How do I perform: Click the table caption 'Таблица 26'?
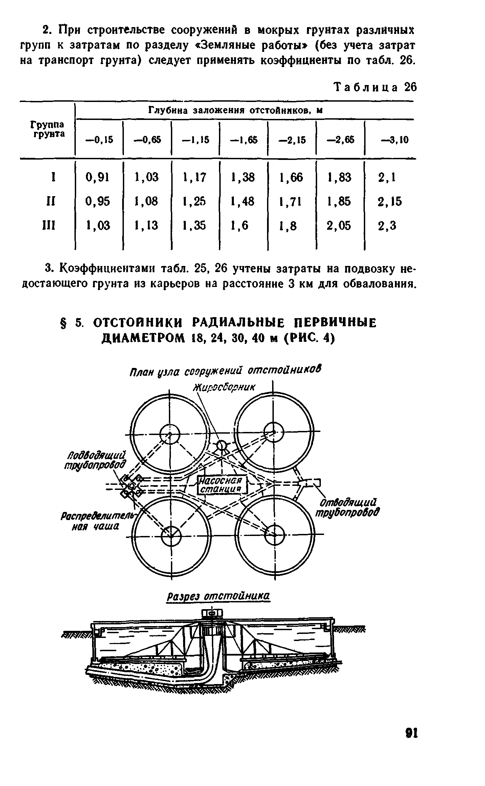click(x=375, y=88)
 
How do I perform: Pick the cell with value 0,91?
click(x=97, y=177)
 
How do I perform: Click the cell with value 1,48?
click(x=242, y=202)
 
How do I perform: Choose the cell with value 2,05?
click(x=339, y=226)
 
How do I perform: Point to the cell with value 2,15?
click(x=390, y=202)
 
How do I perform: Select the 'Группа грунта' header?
click(x=47, y=129)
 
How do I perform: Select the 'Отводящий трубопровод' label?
click(x=347, y=507)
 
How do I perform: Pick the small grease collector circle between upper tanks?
click(x=222, y=445)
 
